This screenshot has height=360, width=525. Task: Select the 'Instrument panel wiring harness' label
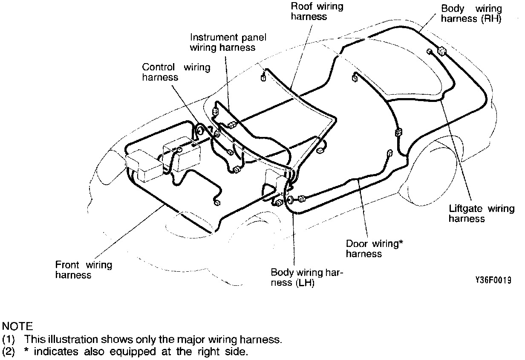[228, 42]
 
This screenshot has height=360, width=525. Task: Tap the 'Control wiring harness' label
[176, 72]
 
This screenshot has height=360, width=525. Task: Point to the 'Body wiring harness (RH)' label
[471, 13]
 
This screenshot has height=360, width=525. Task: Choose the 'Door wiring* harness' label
[375, 249]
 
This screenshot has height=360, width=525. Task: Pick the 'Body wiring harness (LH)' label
[307, 277]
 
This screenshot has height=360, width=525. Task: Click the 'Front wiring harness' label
[84, 270]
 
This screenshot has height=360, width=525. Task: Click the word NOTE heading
[17, 327]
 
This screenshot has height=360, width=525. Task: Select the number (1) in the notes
[8, 340]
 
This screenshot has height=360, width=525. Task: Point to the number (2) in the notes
[8, 352]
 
